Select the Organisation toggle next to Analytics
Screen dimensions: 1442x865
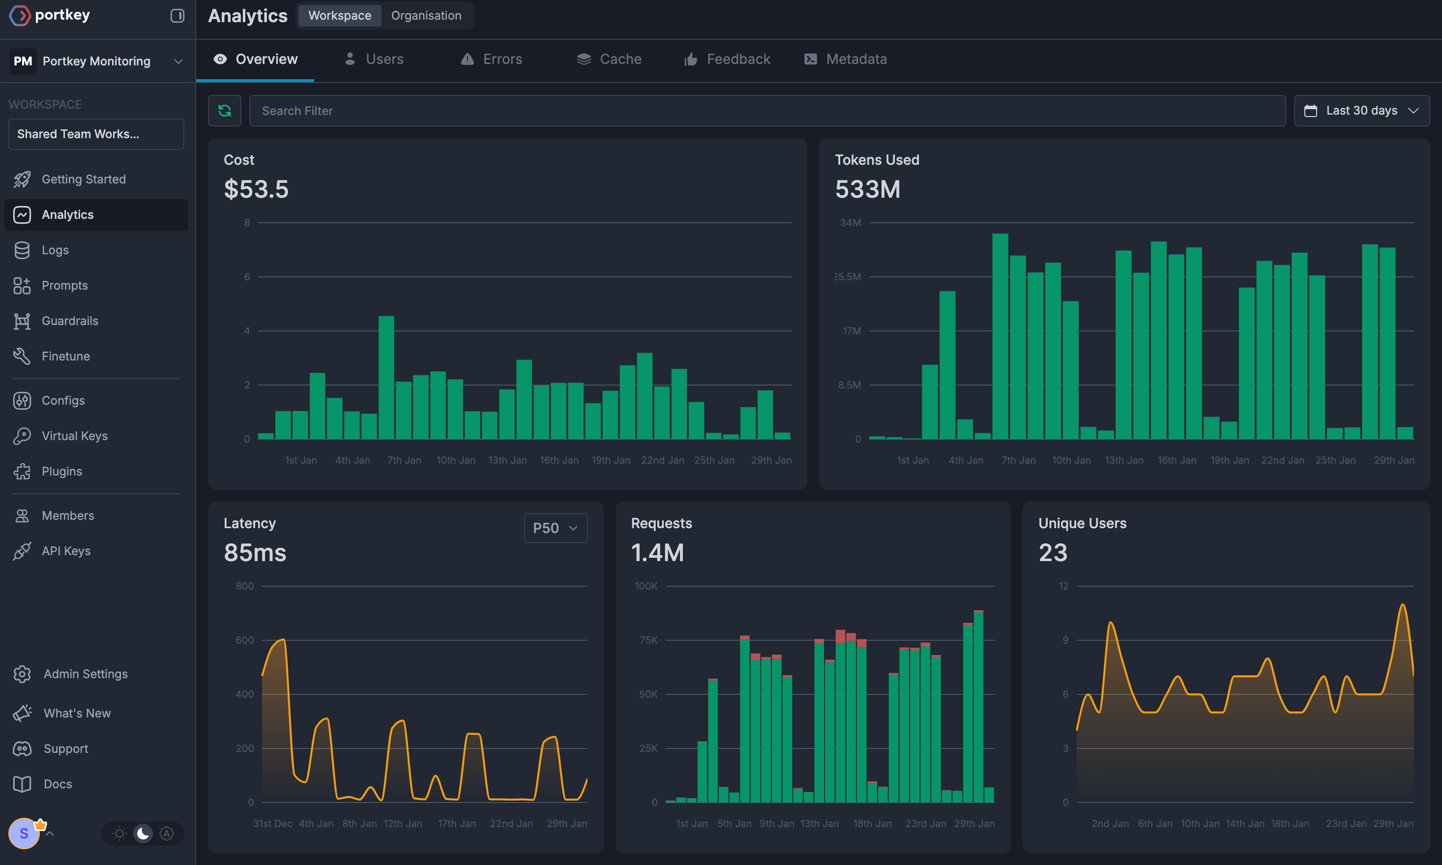click(426, 16)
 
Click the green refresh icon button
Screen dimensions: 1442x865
click(224, 111)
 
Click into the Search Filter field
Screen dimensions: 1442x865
click(767, 111)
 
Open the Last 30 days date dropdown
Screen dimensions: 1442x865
click(1361, 111)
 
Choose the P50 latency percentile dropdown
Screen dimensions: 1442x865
click(555, 528)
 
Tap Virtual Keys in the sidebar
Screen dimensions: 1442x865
click(74, 436)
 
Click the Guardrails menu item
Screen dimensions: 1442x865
click(70, 321)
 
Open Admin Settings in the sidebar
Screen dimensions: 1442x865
click(85, 674)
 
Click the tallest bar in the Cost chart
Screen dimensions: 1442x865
click(386, 377)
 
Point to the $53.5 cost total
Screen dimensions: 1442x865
click(256, 189)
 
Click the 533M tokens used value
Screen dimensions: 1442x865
click(868, 189)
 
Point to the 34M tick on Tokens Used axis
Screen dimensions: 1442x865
click(850, 223)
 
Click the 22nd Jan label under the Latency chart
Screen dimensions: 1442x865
click(511, 824)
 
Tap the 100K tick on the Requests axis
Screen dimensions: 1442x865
click(646, 586)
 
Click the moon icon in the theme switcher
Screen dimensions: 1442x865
click(143, 834)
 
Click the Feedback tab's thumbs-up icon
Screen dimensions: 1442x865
click(691, 59)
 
